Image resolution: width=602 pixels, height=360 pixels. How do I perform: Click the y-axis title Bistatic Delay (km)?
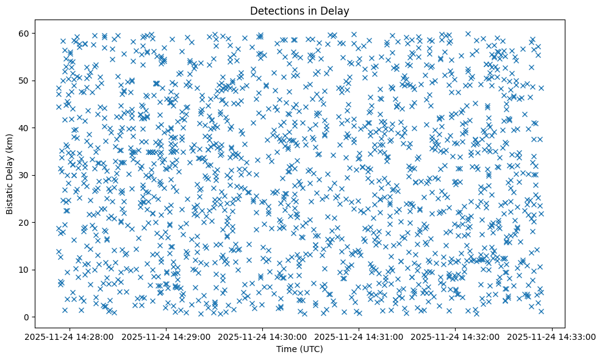click(10, 175)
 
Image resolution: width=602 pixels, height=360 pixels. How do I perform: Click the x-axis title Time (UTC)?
click(300, 350)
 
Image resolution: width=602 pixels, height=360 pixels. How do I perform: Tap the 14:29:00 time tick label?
click(167, 336)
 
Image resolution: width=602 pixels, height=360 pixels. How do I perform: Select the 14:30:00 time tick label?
click(263, 336)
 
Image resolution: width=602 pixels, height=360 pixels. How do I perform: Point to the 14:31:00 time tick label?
click(359, 336)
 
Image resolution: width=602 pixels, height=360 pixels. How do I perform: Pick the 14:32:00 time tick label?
click(456, 336)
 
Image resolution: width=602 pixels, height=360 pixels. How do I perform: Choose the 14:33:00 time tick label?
click(552, 336)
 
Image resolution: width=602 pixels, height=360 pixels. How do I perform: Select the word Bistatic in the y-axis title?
click(10, 192)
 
